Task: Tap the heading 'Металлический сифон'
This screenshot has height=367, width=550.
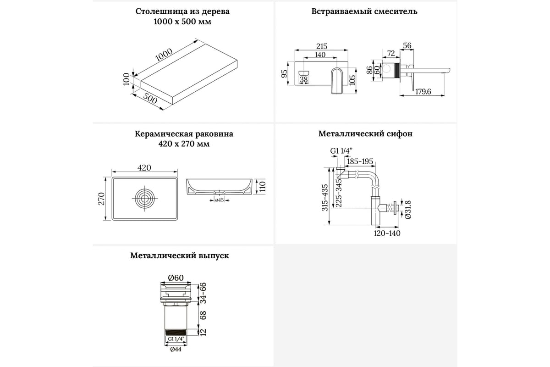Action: click(365, 134)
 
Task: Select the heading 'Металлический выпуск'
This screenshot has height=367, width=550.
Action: click(179, 256)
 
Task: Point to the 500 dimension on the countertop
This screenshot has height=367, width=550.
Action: click(150, 99)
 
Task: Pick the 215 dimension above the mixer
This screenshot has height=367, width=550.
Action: click(321, 46)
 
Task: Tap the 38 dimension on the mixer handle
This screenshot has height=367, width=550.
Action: click(303, 79)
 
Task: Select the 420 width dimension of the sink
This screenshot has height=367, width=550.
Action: click(144, 168)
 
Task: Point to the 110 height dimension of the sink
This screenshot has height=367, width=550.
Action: click(263, 186)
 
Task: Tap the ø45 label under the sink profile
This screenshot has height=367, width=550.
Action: click(219, 200)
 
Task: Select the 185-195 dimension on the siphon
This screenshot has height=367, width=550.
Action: click(360, 161)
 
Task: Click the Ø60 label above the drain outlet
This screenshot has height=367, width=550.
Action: click(176, 277)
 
